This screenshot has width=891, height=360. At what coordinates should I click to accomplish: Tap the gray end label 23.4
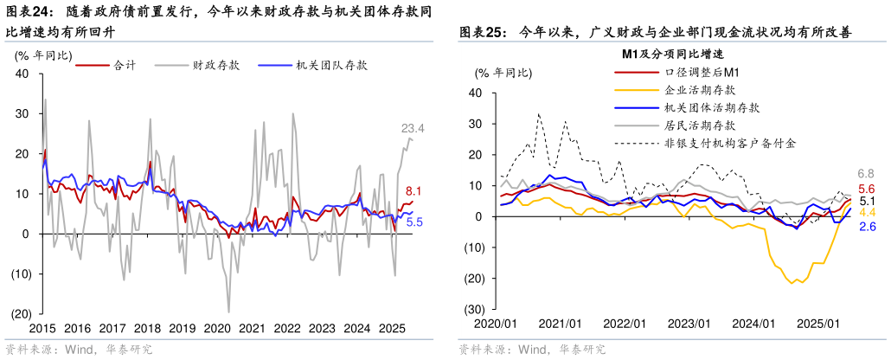[413, 129]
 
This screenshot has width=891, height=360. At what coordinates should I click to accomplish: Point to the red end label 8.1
[413, 191]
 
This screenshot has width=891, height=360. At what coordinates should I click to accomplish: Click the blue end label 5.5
[413, 222]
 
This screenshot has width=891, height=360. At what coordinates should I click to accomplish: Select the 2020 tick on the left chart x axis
[216, 329]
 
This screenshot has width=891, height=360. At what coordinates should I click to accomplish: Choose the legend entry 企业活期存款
[700, 90]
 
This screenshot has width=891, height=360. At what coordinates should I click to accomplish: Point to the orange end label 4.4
[867, 213]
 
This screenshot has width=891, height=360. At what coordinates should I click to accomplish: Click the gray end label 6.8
[867, 174]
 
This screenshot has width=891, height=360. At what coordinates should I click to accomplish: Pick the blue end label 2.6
[867, 227]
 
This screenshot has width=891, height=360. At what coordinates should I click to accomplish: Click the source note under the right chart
[532, 350]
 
